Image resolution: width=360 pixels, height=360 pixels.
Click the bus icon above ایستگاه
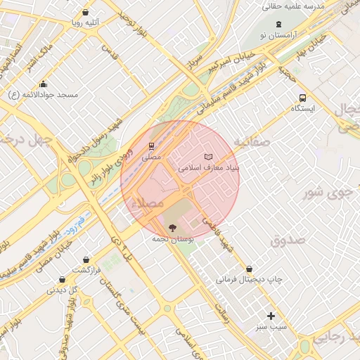pos(302,98)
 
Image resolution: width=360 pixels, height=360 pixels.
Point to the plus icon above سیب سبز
pos(271,316)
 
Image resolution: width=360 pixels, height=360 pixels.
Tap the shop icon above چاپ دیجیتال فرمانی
pos(250,269)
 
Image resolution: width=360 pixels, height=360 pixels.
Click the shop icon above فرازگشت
pos(86,259)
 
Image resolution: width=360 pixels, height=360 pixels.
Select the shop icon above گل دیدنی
pos(62,279)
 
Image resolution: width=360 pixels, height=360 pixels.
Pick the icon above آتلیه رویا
pos(85,12)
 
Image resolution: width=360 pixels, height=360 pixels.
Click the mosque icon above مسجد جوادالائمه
pos(44,84)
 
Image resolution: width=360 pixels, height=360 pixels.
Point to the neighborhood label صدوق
pos(288,240)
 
